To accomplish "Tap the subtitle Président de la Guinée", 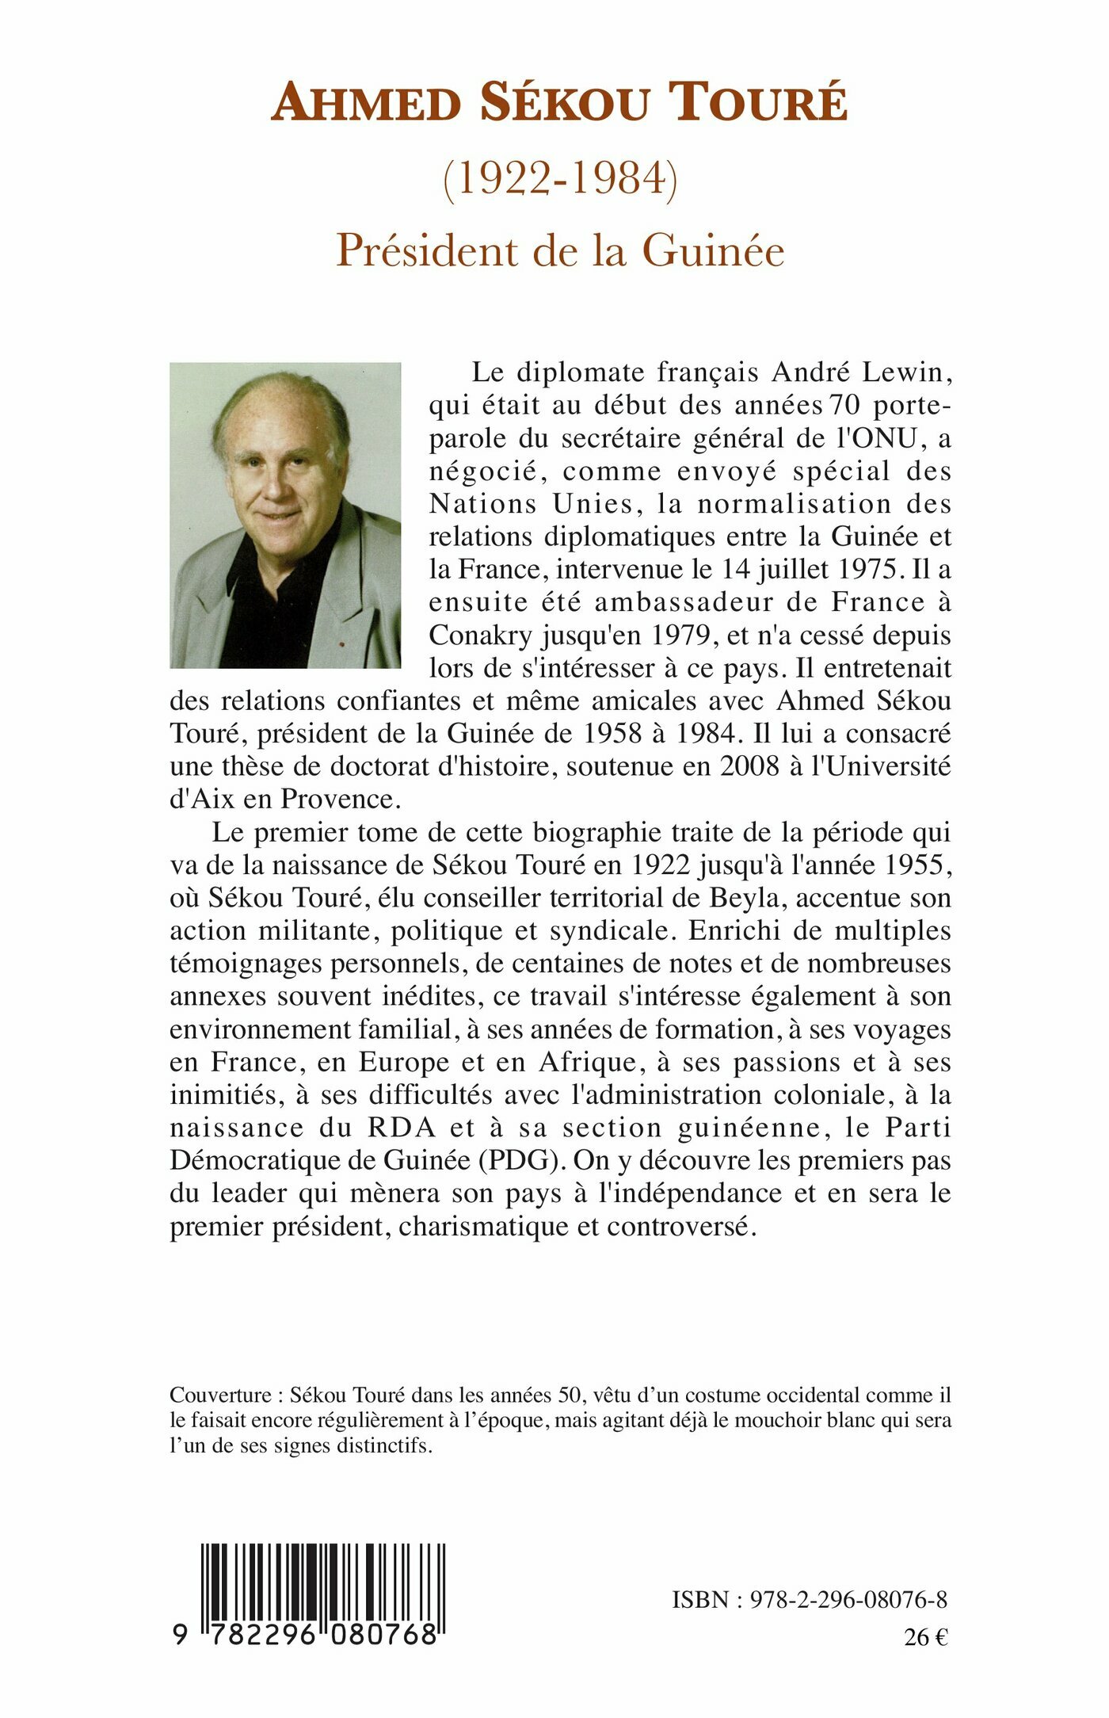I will tap(560, 250).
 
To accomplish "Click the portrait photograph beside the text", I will tap(285, 515).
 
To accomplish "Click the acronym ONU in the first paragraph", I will tap(882, 437).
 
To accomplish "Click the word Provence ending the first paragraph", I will tap(337, 799).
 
